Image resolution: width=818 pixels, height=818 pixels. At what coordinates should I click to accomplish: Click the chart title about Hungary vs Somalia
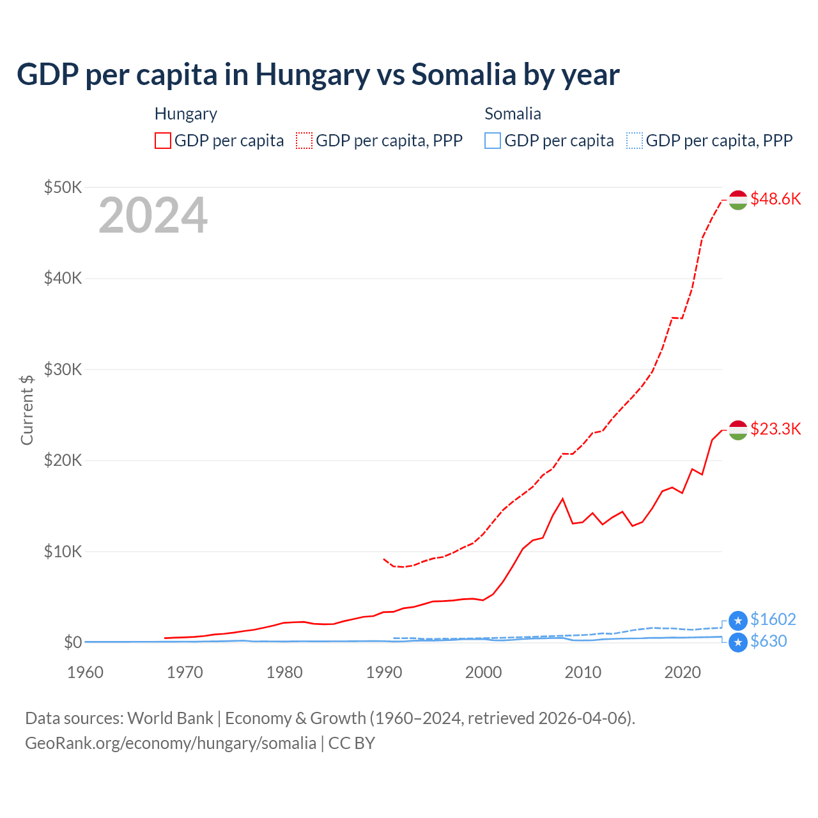pyautogui.click(x=318, y=74)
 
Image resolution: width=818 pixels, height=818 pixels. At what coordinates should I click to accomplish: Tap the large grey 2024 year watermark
pyautogui.click(x=153, y=215)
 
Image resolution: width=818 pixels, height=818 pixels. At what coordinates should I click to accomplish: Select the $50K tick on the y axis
pyautogui.click(x=63, y=187)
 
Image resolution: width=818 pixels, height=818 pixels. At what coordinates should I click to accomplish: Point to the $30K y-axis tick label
pyautogui.click(x=63, y=369)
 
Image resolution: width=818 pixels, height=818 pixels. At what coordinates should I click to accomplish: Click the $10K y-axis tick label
pyautogui.click(x=63, y=552)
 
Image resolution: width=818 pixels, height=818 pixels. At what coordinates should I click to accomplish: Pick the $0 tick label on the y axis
pyautogui.click(x=73, y=642)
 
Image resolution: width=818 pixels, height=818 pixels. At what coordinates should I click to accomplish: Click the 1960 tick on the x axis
pyautogui.click(x=85, y=672)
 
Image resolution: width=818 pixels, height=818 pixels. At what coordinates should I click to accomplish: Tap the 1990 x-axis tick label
pyautogui.click(x=384, y=672)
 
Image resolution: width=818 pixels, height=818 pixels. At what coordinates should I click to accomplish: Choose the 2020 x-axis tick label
pyautogui.click(x=683, y=672)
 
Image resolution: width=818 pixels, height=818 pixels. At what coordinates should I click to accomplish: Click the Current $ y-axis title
pyautogui.click(x=27, y=410)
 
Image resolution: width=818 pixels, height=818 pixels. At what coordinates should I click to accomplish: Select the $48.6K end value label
pyautogui.click(x=775, y=199)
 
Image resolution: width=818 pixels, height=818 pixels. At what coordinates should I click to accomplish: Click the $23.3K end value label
pyautogui.click(x=775, y=429)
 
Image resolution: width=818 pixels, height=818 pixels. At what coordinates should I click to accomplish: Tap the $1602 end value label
pyautogui.click(x=773, y=619)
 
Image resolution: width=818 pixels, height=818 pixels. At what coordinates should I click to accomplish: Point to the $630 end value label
pyautogui.click(x=768, y=641)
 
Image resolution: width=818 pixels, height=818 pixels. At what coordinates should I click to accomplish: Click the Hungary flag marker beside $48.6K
pyautogui.click(x=738, y=199)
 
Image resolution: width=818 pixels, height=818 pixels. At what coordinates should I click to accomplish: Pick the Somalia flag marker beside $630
pyautogui.click(x=738, y=642)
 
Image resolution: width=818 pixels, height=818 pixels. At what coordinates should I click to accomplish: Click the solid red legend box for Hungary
pyautogui.click(x=163, y=141)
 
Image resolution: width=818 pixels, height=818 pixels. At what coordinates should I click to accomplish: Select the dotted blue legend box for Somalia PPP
pyautogui.click(x=635, y=141)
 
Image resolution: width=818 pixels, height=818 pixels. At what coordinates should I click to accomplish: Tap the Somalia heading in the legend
pyautogui.click(x=513, y=114)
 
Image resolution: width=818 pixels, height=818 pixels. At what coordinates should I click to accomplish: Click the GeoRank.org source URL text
pyautogui.click(x=171, y=743)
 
